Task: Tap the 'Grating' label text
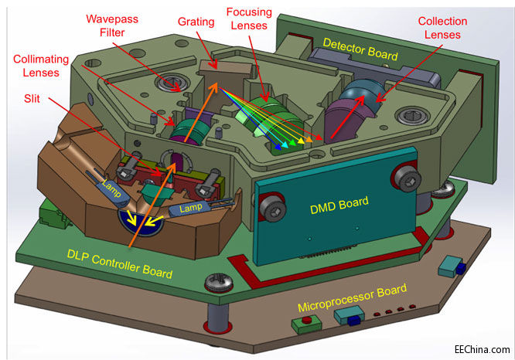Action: (x=196, y=22)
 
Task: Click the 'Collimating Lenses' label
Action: (x=41, y=65)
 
